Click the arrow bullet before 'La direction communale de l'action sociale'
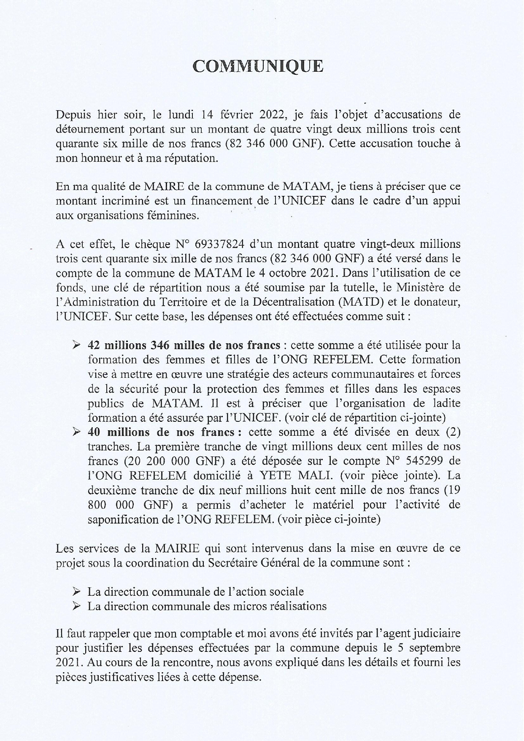76,592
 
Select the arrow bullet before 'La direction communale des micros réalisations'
76,606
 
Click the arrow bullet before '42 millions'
76,345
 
